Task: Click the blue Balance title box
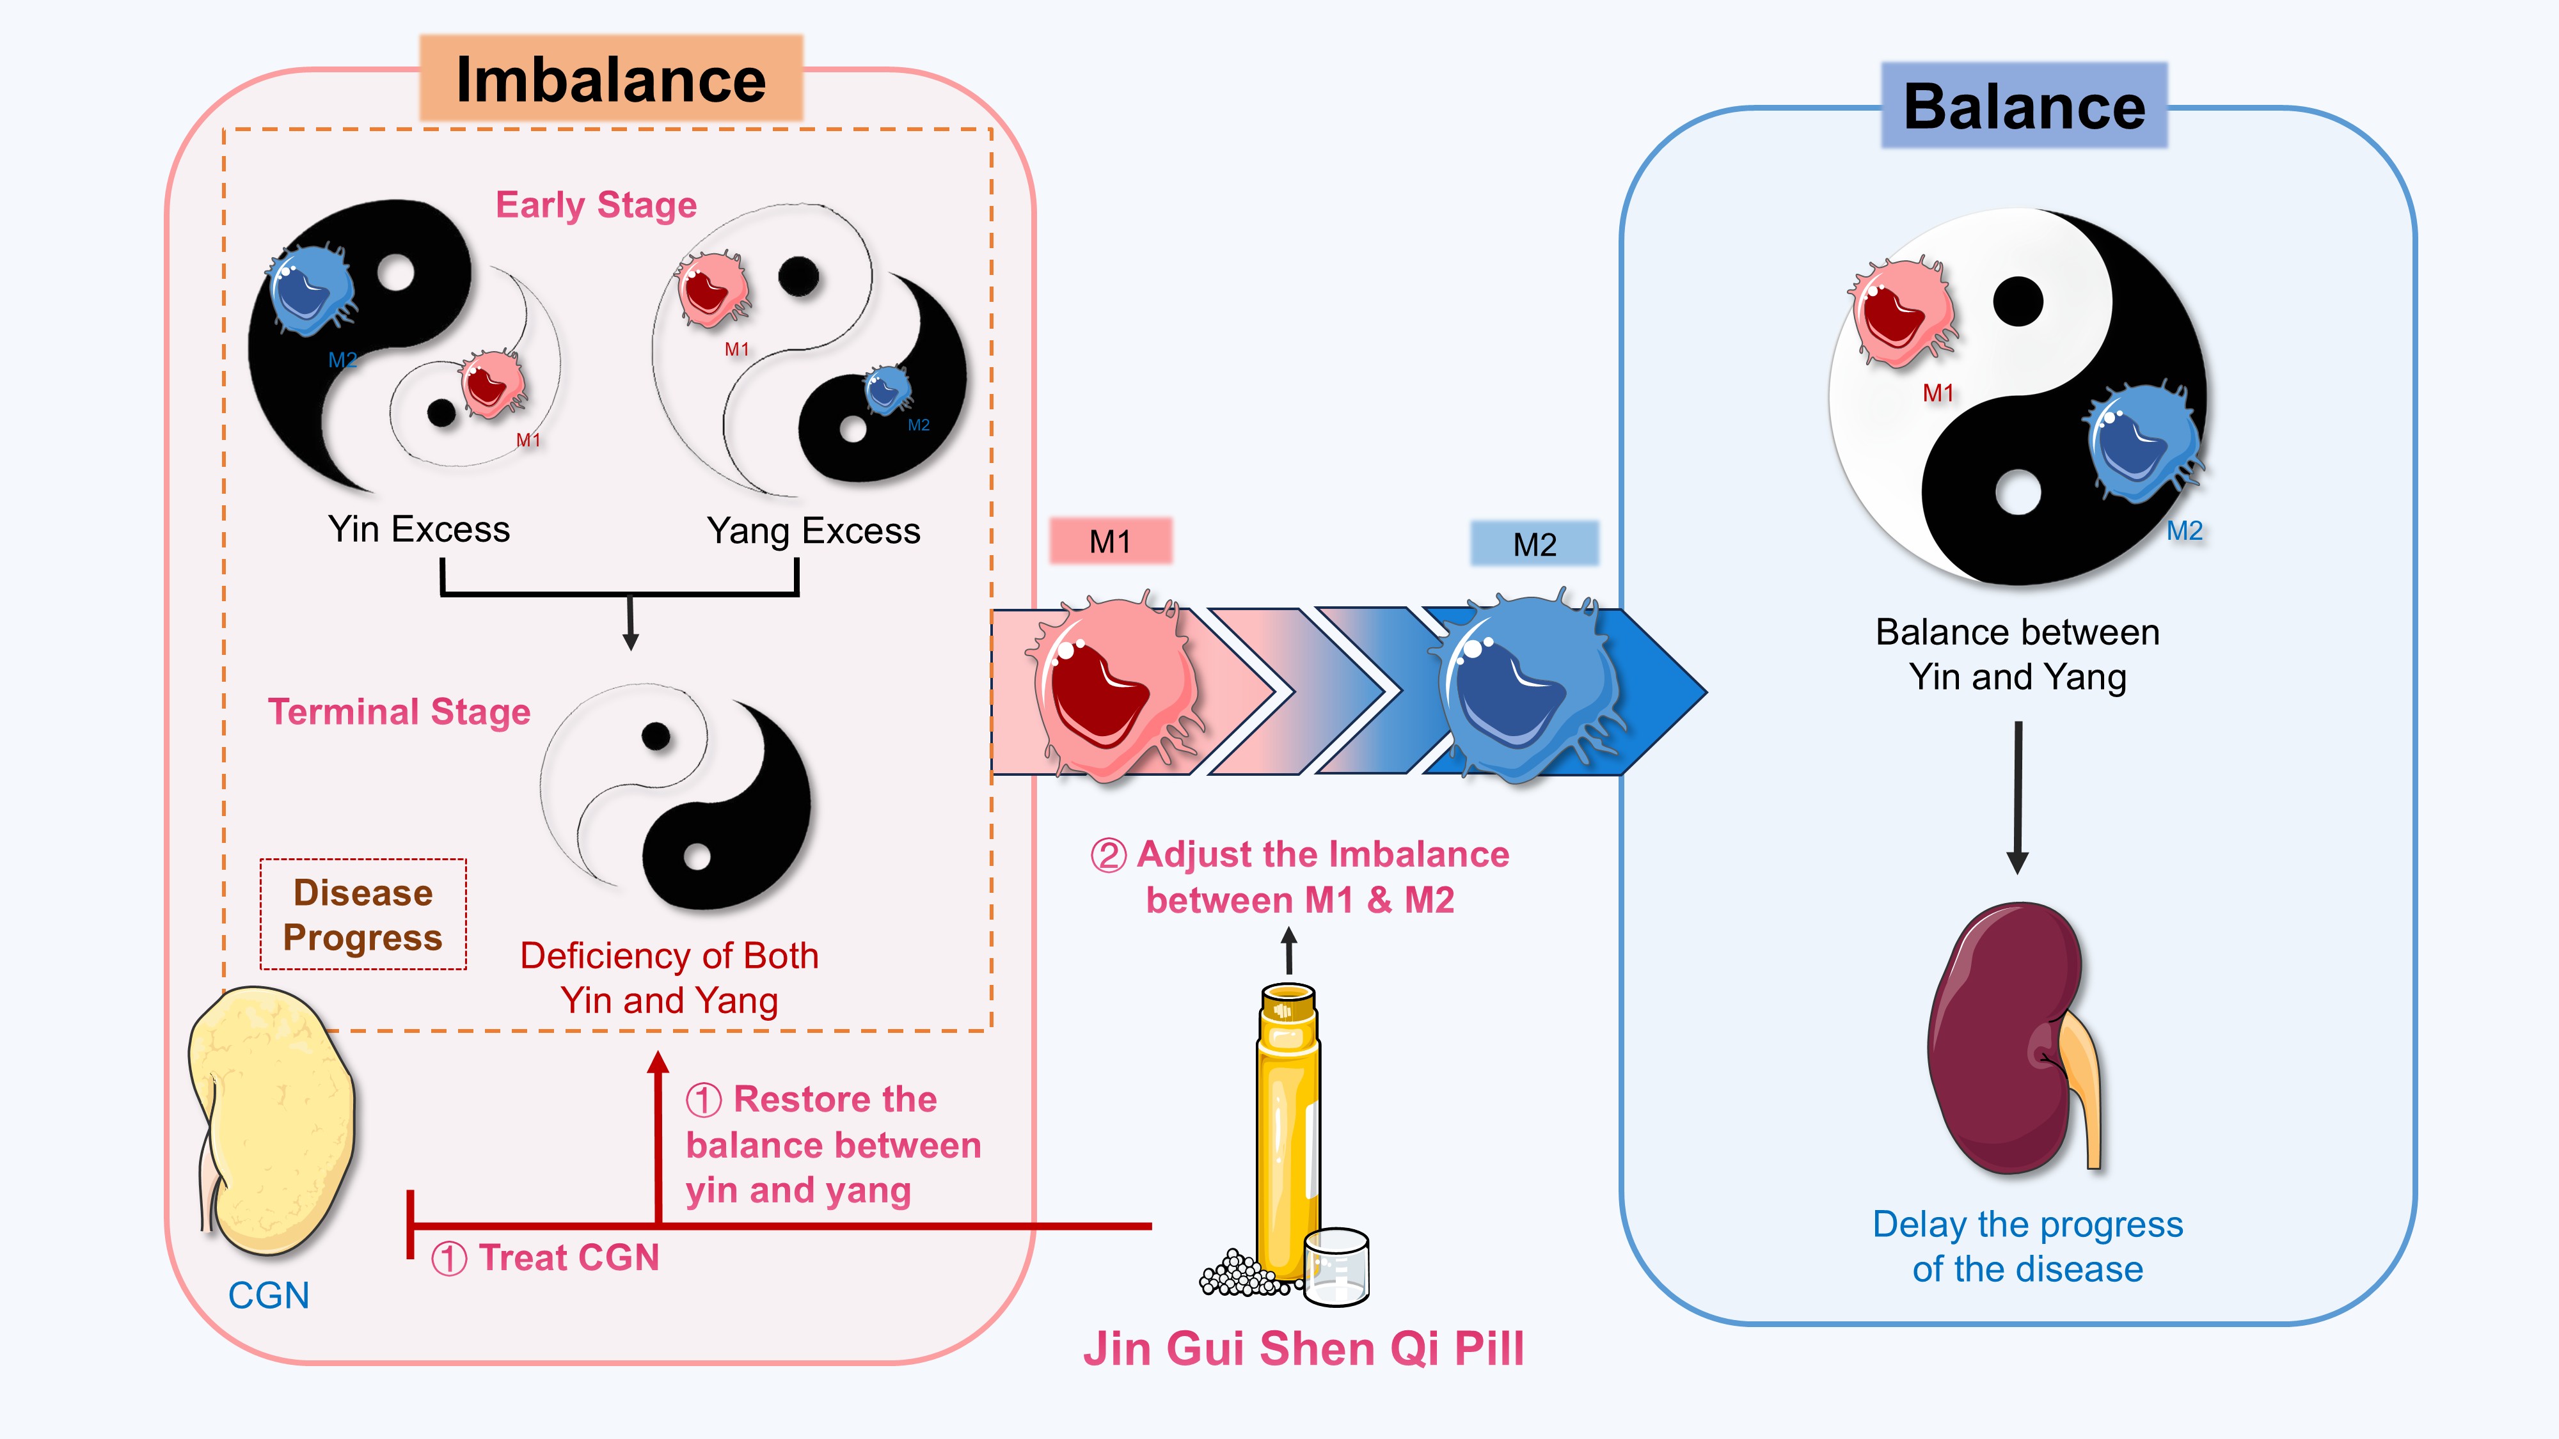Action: pyautogui.click(x=2024, y=106)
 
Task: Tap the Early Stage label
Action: pyautogui.click(x=596, y=205)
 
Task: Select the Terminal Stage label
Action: pyautogui.click(x=399, y=712)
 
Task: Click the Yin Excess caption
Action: pyautogui.click(x=418, y=530)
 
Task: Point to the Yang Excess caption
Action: pyautogui.click(x=812, y=531)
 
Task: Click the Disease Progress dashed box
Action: pyautogui.click(x=363, y=915)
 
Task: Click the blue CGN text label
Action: pyautogui.click(x=268, y=1296)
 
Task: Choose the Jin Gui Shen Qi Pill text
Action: pyautogui.click(x=1303, y=1349)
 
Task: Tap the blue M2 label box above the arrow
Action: pyautogui.click(x=1534, y=544)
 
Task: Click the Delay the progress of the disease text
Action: pyautogui.click(x=2027, y=1246)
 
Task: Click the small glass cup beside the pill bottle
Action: pyautogui.click(x=1336, y=1266)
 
